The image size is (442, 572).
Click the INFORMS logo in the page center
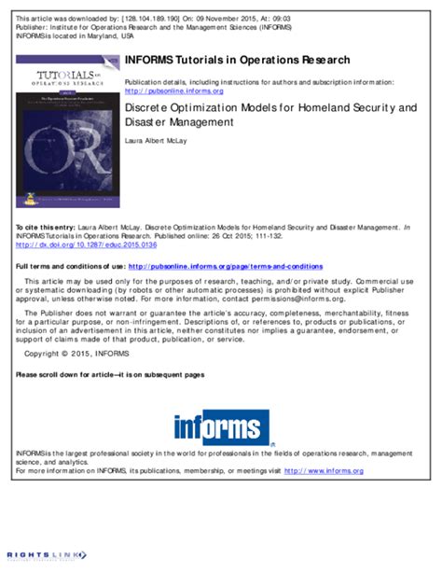221,427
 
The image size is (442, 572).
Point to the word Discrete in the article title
147,108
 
